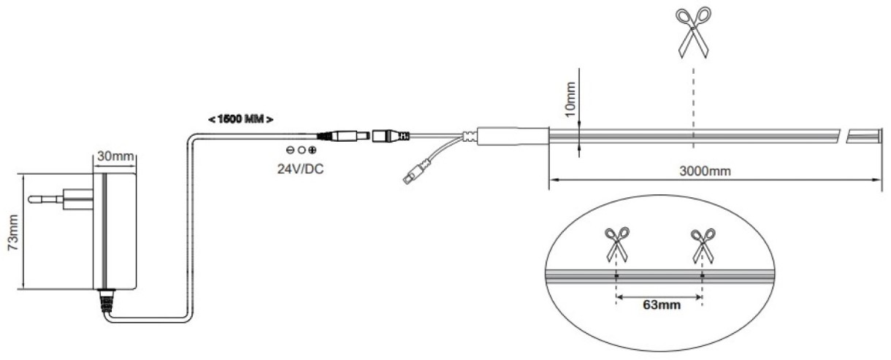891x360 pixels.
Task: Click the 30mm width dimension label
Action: (x=115, y=156)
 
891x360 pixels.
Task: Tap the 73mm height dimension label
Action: (x=14, y=232)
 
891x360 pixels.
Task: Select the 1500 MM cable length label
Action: (x=241, y=119)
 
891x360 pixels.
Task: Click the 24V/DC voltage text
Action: (x=300, y=169)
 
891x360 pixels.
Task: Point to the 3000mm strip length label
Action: (x=705, y=171)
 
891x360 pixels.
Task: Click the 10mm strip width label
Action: (x=570, y=99)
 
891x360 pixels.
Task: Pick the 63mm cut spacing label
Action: (x=662, y=305)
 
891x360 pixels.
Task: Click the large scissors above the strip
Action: (x=693, y=33)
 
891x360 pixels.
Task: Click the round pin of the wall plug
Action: (x=45, y=199)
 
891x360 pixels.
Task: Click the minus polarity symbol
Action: (x=290, y=150)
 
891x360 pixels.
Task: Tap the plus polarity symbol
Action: (x=313, y=150)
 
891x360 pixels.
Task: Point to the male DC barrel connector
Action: (x=344, y=136)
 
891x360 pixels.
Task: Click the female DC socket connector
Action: (x=391, y=136)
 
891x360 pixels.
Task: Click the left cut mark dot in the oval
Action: (x=616, y=275)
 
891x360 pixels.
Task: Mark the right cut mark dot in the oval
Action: (x=703, y=275)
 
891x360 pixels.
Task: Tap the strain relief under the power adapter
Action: (x=106, y=301)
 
